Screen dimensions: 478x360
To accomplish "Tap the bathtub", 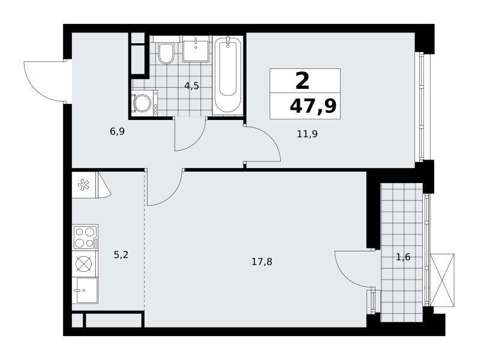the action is pyautogui.click(x=228, y=75).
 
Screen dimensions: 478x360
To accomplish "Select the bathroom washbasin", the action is pyautogui.click(x=196, y=49).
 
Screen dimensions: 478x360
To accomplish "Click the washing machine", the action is pyautogui.click(x=145, y=103).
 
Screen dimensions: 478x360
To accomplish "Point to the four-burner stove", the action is pyautogui.click(x=85, y=238).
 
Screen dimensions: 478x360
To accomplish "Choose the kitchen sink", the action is pyautogui.click(x=85, y=290).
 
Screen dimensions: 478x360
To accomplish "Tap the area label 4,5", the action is pyautogui.click(x=191, y=86).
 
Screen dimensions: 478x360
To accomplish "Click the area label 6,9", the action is pyautogui.click(x=118, y=132).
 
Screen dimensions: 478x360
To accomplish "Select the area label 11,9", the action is pyautogui.click(x=307, y=134).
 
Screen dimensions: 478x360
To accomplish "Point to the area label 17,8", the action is pyautogui.click(x=262, y=262).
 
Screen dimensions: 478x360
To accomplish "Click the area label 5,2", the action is pyautogui.click(x=121, y=255).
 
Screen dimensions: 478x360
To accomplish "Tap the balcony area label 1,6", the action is pyautogui.click(x=403, y=257).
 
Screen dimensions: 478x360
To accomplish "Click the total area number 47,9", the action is pyautogui.click(x=313, y=106).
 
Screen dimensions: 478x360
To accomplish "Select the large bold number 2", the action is pyautogui.click(x=302, y=82).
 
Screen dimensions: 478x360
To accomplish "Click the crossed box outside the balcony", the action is pyautogui.click(x=442, y=280).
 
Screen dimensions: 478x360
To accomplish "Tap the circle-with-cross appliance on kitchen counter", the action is pyautogui.click(x=83, y=263).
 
